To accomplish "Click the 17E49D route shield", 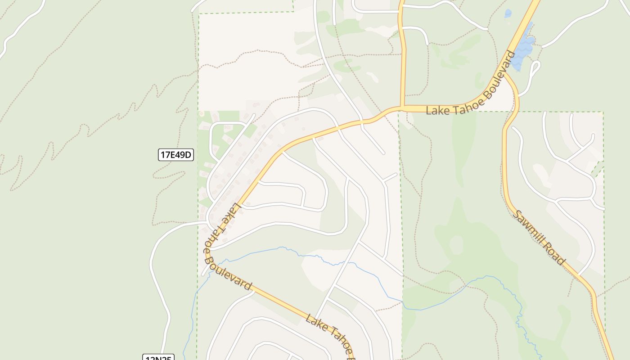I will [x=176, y=155].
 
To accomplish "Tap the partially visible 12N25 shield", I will [x=158, y=358].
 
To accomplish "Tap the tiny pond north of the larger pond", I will [x=508, y=13].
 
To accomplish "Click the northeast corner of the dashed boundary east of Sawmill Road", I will [x=603, y=112].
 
